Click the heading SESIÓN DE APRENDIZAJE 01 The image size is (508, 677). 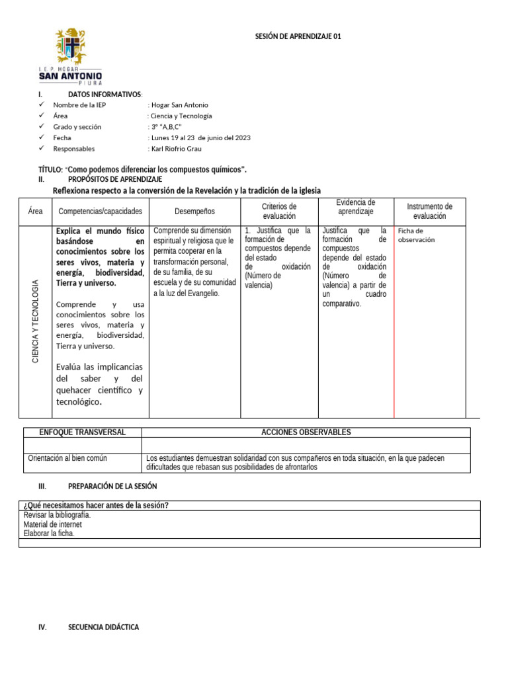298,37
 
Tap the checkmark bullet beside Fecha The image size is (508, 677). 42,138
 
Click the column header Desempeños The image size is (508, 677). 194,212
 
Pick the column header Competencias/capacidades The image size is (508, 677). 101,212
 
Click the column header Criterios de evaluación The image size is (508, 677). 279,212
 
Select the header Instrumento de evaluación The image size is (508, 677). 429,212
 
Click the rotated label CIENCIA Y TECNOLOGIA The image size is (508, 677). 36,321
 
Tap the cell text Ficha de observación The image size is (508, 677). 416,235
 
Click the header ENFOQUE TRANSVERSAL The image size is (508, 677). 82,432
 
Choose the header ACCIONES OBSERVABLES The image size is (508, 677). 306,432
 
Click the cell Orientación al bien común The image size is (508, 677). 67,458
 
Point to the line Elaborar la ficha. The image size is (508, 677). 49,534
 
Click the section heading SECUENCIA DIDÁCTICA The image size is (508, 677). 103,627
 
